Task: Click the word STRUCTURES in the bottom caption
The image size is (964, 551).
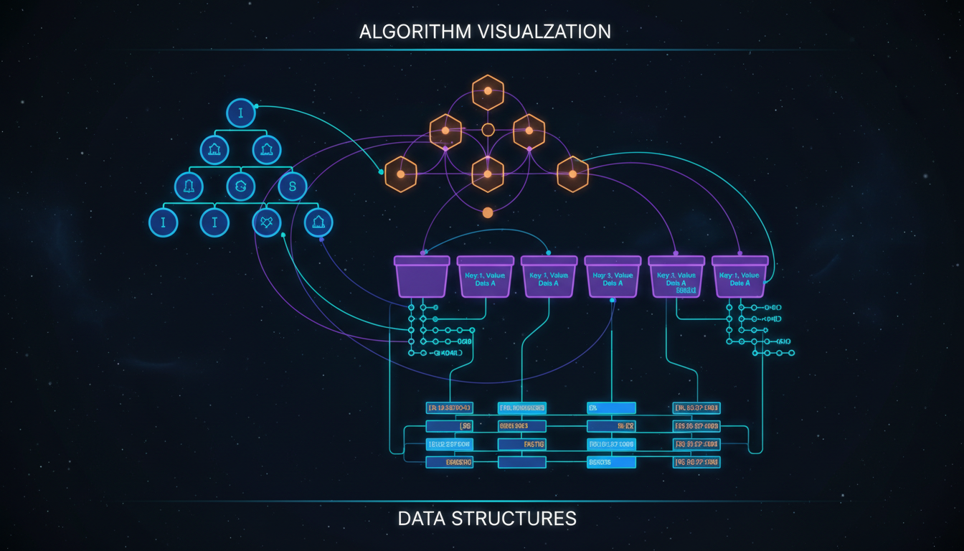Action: coord(514,518)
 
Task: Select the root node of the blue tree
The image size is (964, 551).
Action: coord(241,113)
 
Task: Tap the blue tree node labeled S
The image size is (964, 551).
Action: coord(293,187)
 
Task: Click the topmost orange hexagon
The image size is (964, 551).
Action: coord(488,92)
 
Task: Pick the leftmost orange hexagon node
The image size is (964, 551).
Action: coord(401,174)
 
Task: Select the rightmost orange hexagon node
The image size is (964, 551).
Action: coord(572,174)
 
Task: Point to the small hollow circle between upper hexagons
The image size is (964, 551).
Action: coord(488,130)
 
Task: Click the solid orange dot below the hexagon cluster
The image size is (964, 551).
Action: coord(488,212)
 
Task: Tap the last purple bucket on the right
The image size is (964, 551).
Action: coord(739,278)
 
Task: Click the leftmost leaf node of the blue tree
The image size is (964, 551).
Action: coord(164,222)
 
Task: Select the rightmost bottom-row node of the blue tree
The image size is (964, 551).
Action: coord(318,222)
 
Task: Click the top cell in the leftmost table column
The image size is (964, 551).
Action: coord(450,408)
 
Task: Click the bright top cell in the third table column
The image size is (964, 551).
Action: coord(611,408)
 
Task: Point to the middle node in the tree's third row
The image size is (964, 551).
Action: coord(241,187)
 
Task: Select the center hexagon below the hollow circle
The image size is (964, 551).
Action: coord(488,174)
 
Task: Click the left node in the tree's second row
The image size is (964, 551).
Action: coord(214,150)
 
